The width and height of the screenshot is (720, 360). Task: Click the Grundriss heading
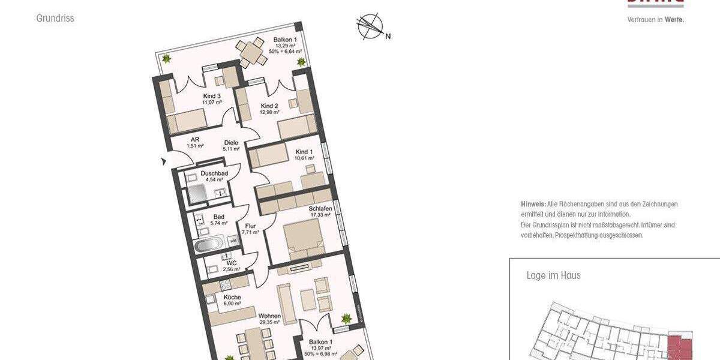coord(55,19)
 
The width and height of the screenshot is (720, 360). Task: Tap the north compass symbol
coord(370,27)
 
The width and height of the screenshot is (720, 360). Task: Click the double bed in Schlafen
coord(304,236)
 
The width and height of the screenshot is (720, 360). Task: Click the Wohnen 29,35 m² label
coord(269,319)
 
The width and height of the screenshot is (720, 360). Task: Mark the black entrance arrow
coord(163,161)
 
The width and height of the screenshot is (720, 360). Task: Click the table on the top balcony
coord(248,52)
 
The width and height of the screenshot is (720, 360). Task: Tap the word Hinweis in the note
coord(533,204)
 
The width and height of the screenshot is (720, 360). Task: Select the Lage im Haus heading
coord(553,276)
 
